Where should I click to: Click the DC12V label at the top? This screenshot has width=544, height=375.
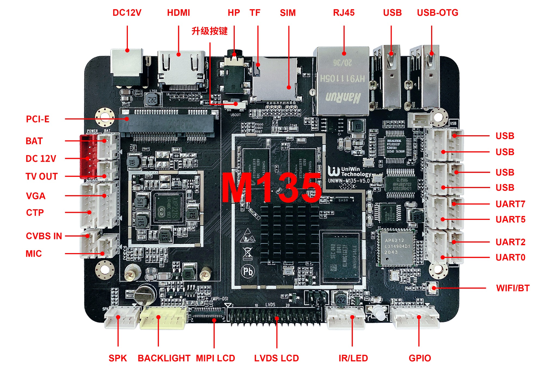(127, 13)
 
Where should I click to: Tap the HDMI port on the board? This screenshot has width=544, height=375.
(181, 68)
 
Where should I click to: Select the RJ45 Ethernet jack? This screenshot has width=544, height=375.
(342, 80)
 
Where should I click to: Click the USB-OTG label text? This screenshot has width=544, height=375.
(437, 13)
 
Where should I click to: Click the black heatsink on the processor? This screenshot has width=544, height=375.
(289, 234)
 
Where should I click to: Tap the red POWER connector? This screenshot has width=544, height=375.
(88, 156)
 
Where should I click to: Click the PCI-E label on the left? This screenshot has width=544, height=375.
(38, 119)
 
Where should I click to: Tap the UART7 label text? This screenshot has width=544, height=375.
(510, 204)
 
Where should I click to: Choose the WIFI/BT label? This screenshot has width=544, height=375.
(513, 288)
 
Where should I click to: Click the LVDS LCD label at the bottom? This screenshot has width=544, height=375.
(276, 358)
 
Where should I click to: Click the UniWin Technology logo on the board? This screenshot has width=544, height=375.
(350, 172)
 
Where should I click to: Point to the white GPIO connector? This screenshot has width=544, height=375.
(415, 317)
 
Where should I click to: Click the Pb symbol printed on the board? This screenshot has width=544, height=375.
(248, 271)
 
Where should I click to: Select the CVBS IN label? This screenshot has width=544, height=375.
(44, 236)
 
